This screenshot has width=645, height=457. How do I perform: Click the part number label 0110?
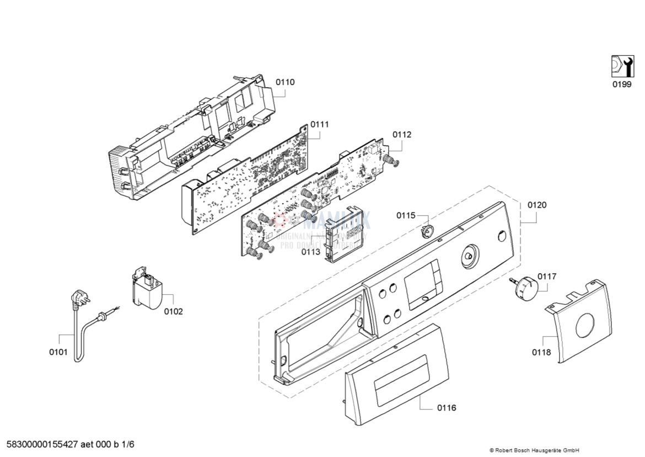coord(285,82)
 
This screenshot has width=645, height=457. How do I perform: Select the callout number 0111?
coord(319,125)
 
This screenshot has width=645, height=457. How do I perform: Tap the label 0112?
coord(402,135)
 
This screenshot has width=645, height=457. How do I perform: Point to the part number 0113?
coord(310,252)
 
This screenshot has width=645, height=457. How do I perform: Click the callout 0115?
coord(406,216)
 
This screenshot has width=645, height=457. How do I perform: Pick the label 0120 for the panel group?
coord(537,205)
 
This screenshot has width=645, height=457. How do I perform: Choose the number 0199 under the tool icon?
coord(622,85)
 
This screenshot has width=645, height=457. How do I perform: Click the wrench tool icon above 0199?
coord(622,66)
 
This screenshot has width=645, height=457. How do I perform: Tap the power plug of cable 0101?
coord(78,301)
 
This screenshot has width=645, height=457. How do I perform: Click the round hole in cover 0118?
coord(585,326)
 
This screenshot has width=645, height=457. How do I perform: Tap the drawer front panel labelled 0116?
coord(396,375)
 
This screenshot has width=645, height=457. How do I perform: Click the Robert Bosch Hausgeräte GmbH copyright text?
coord(534,450)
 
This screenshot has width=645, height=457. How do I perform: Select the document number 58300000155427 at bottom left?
coord(71,444)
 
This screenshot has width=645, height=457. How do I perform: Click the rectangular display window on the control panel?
coord(422,284)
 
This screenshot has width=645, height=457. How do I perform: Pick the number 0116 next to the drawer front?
coord(447,408)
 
